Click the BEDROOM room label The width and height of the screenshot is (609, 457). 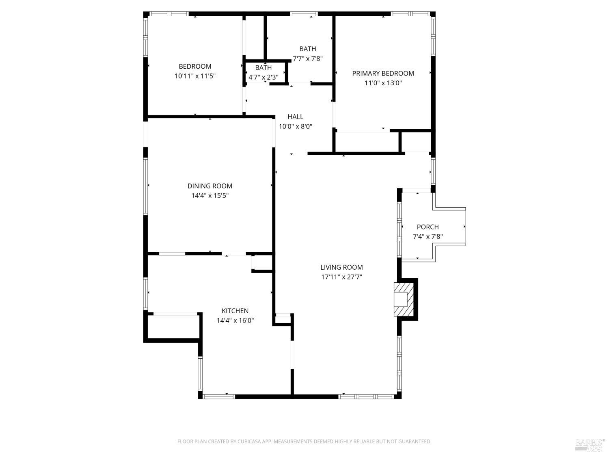click(195, 66)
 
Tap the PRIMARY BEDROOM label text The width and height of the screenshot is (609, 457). click(383, 73)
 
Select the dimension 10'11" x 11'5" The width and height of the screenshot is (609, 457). click(195, 76)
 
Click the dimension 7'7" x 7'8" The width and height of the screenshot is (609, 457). click(307, 58)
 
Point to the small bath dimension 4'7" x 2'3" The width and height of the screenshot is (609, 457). click(263, 77)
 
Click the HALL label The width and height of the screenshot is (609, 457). click(295, 117)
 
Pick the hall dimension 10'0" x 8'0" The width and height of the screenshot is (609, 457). click(295, 126)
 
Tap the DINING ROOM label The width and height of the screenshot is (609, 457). click(210, 186)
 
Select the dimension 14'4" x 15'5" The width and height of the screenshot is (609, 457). click(210, 195)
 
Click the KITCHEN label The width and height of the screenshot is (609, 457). click(235, 311)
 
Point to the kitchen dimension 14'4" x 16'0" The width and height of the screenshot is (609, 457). click(235, 321)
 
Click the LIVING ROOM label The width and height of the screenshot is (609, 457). click(341, 267)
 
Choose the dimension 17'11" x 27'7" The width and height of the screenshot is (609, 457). click(341, 277)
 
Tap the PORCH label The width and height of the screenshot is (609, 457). click(428, 227)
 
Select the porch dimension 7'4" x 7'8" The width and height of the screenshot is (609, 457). click(428, 236)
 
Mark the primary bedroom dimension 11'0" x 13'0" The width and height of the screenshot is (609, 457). click(383, 83)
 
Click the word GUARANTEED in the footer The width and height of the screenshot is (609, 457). click(416, 442)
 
